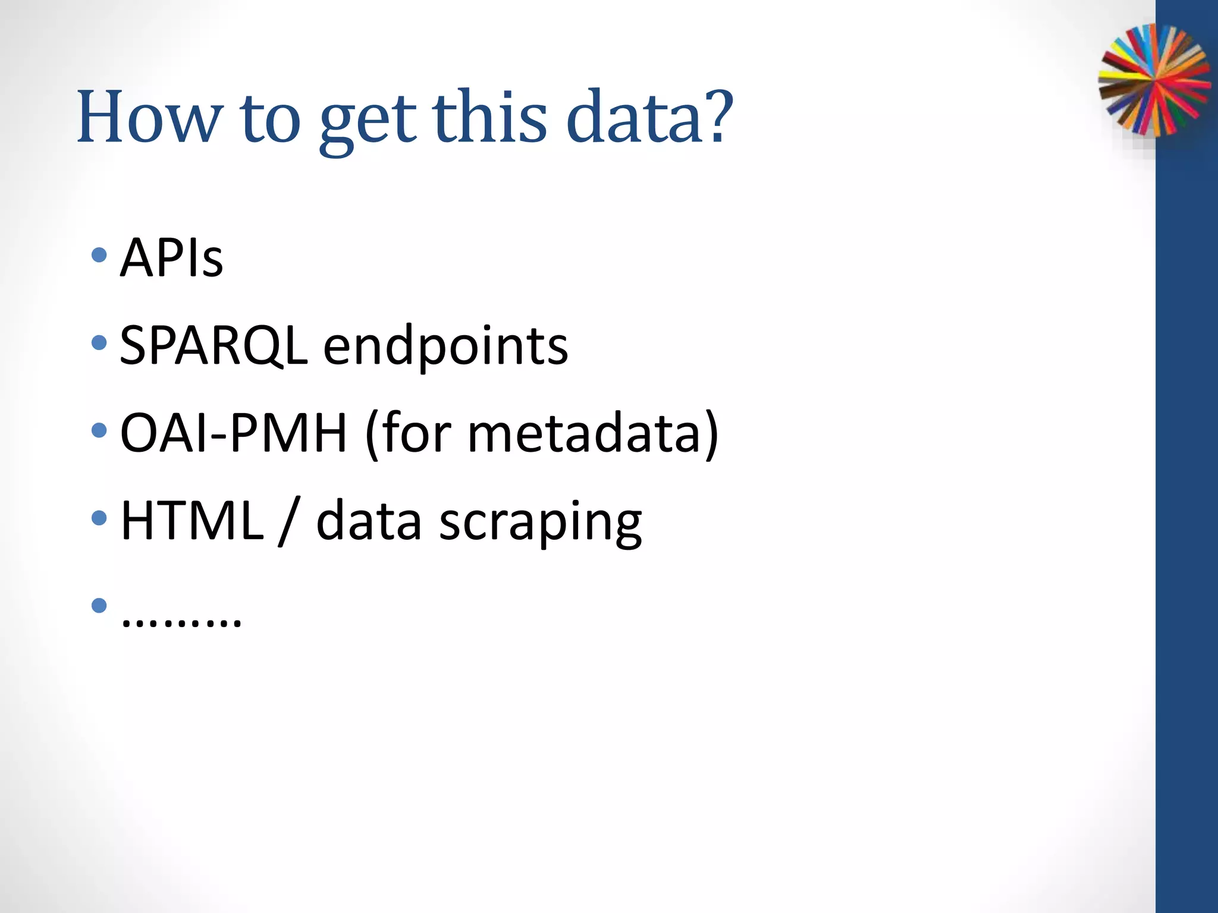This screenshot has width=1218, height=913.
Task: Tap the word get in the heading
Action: (367, 121)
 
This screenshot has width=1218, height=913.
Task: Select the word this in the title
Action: (489, 117)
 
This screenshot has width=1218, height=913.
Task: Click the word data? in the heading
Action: (649, 117)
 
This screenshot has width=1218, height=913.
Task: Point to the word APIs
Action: (171, 258)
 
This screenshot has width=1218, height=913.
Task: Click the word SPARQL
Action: (214, 346)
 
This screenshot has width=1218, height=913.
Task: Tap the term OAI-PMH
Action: (233, 433)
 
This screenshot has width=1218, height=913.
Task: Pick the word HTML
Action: (192, 521)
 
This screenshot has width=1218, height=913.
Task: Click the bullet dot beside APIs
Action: (99, 256)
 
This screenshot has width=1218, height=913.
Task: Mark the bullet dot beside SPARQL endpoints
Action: (99, 342)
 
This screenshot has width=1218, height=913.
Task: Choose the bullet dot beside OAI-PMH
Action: (99, 430)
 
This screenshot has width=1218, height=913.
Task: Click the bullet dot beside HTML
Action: (99, 518)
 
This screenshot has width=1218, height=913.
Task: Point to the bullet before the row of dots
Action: (99, 606)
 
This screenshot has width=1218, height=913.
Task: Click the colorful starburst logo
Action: (1154, 80)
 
